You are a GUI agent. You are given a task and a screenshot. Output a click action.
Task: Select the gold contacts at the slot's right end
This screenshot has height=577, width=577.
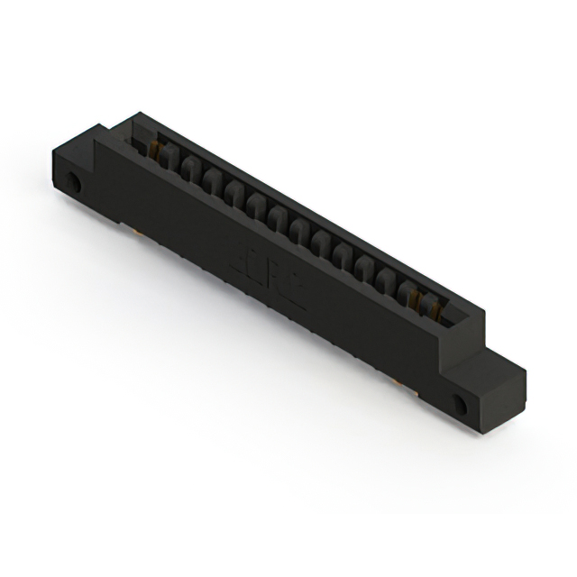point(434,311)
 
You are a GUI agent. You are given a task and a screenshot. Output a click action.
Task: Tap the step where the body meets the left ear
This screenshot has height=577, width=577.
point(96,149)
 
